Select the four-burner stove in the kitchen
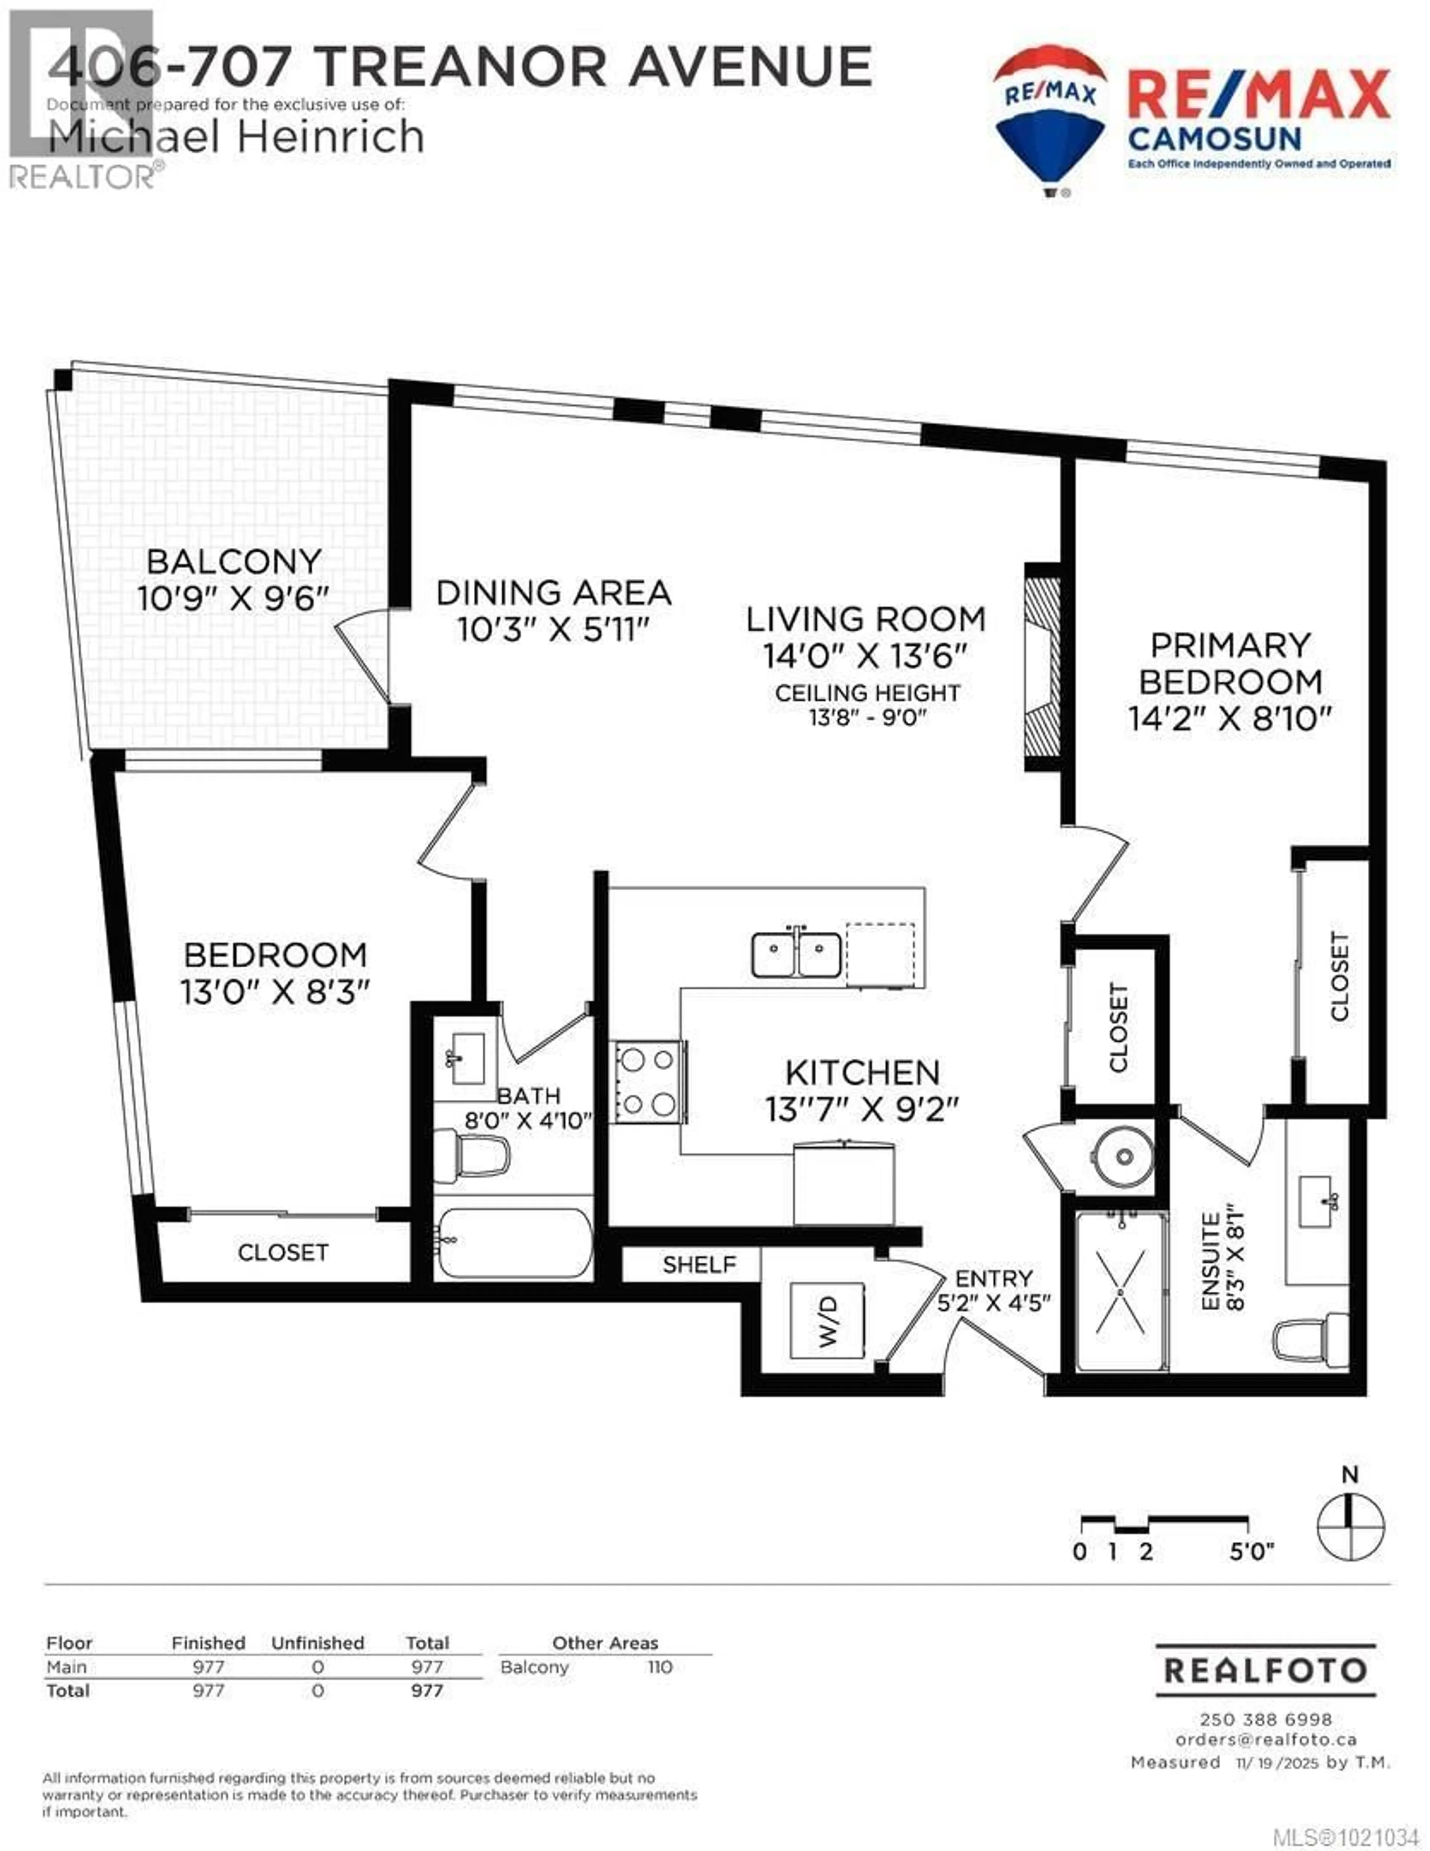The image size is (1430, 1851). tap(649, 1081)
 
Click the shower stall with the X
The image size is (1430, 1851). tap(1121, 1292)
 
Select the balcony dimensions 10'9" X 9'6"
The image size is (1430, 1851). tap(233, 598)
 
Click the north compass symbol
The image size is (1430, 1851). tap(1350, 1526)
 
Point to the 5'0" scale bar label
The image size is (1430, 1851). tap(1251, 1552)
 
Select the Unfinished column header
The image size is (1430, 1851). tap(318, 1643)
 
